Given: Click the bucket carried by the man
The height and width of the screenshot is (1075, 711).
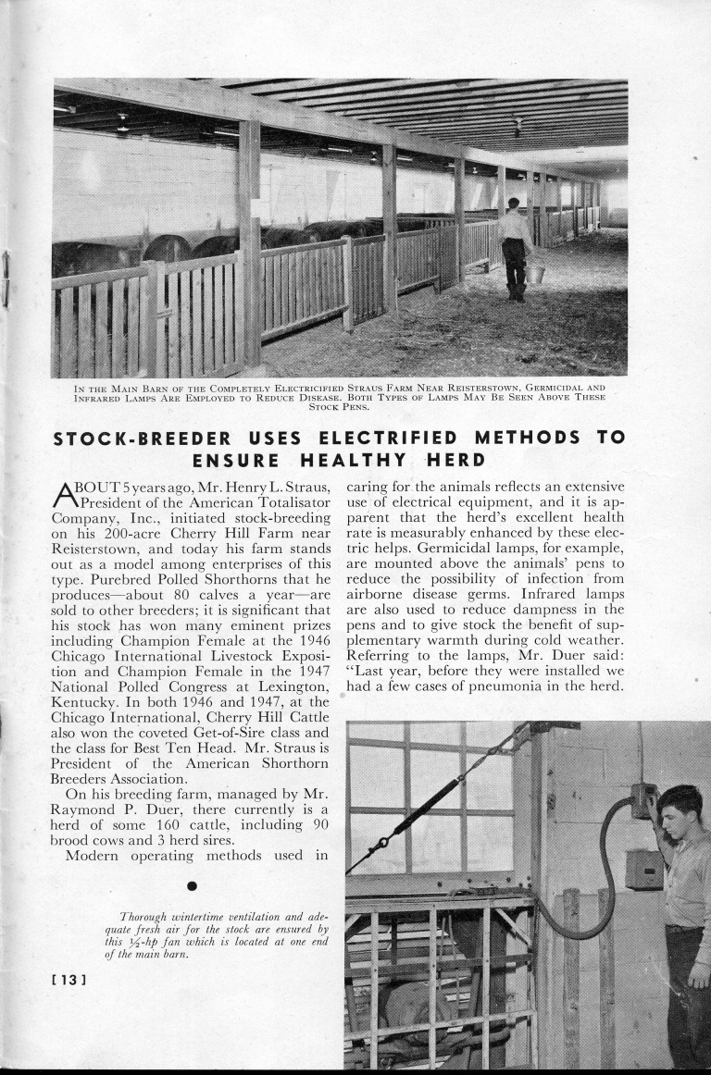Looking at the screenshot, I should point(535,274).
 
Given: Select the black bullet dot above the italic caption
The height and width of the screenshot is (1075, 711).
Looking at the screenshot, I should point(192,886).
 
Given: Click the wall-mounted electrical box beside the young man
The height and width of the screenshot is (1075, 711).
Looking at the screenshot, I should point(642,869).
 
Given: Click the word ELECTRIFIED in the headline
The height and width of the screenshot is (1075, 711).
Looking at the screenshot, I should point(388,438).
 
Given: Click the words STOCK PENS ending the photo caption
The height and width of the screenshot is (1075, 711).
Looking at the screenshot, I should point(339,406).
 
